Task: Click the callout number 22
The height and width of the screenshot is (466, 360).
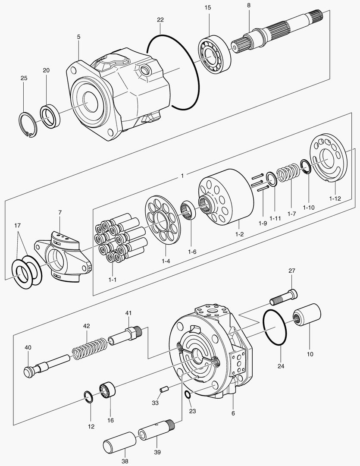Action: click(160, 20)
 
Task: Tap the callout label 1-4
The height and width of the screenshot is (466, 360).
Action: click(166, 261)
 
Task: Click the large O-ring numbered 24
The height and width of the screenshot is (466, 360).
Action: click(275, 327)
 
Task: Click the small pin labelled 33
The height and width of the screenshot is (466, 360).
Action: click(163, 389)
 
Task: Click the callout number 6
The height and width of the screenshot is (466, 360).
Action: click(233, 413)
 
